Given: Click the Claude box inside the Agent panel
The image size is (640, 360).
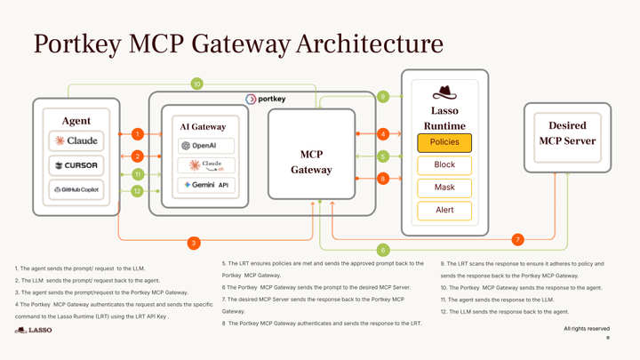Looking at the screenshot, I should tap(76, 140).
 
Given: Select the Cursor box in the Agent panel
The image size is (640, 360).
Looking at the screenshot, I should tap(76, 165).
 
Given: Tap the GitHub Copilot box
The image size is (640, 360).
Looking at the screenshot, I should tap(76, 190).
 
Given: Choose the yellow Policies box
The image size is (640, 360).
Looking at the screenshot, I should tap(444, 142).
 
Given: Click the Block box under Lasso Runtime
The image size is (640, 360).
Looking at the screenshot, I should tap(444, 165).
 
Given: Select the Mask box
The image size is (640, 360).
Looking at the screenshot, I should tap(444, 188).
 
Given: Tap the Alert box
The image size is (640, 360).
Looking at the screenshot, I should tap(444, 211).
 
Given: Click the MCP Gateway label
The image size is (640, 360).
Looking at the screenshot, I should tap(311, 162).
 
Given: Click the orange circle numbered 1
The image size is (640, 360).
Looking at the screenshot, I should tap(137, 134).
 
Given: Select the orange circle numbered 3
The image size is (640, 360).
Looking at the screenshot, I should tap(193, 242).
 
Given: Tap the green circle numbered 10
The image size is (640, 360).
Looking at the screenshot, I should tap(197, 84).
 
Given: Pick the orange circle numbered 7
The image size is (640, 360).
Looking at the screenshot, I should tap(518, 240).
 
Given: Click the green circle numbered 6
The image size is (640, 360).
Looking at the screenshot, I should tap(383, 250).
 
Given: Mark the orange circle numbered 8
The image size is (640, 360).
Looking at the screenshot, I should tap(383, 179).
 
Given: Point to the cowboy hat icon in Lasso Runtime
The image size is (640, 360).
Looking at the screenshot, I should tap(444, 92).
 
